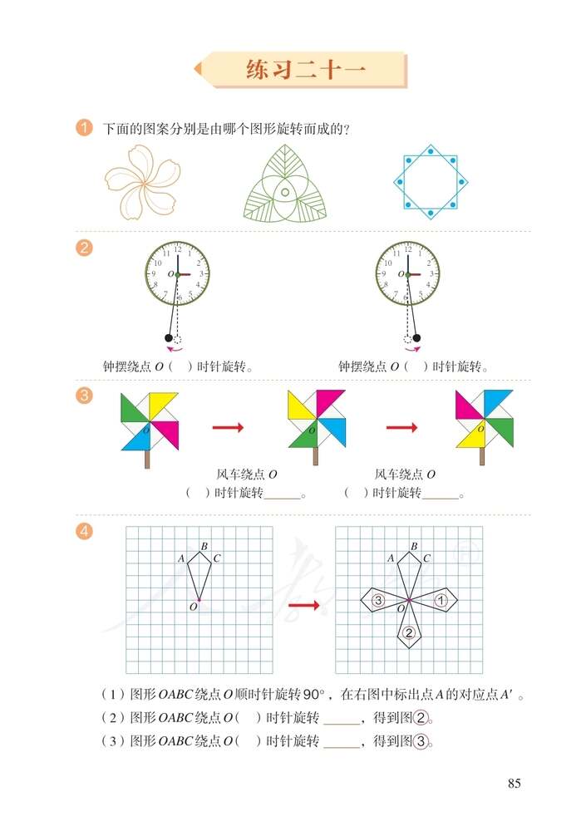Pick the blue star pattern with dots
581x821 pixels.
click(x=430, y=181)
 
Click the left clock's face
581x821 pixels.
click(x=177, y=273)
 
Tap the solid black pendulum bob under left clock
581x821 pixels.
click(x=169, y=338)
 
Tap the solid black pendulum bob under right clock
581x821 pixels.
click(x=416, y=338)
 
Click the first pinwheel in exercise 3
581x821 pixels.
click(x=150, y=422)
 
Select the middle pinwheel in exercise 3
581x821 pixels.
click(x=316, y=420)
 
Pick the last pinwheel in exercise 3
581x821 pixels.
click(x=485, y=420)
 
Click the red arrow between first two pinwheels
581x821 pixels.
click(x=228, y=427)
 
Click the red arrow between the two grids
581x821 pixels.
click(x=304, y=605)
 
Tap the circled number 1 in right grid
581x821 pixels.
click(x=441, y=599)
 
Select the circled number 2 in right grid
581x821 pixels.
click(x=408, y=633)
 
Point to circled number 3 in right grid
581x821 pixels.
click(x=377, y=600)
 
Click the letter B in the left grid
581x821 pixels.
click(x=204, y=546)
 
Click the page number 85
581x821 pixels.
click(x=513, y=783)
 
